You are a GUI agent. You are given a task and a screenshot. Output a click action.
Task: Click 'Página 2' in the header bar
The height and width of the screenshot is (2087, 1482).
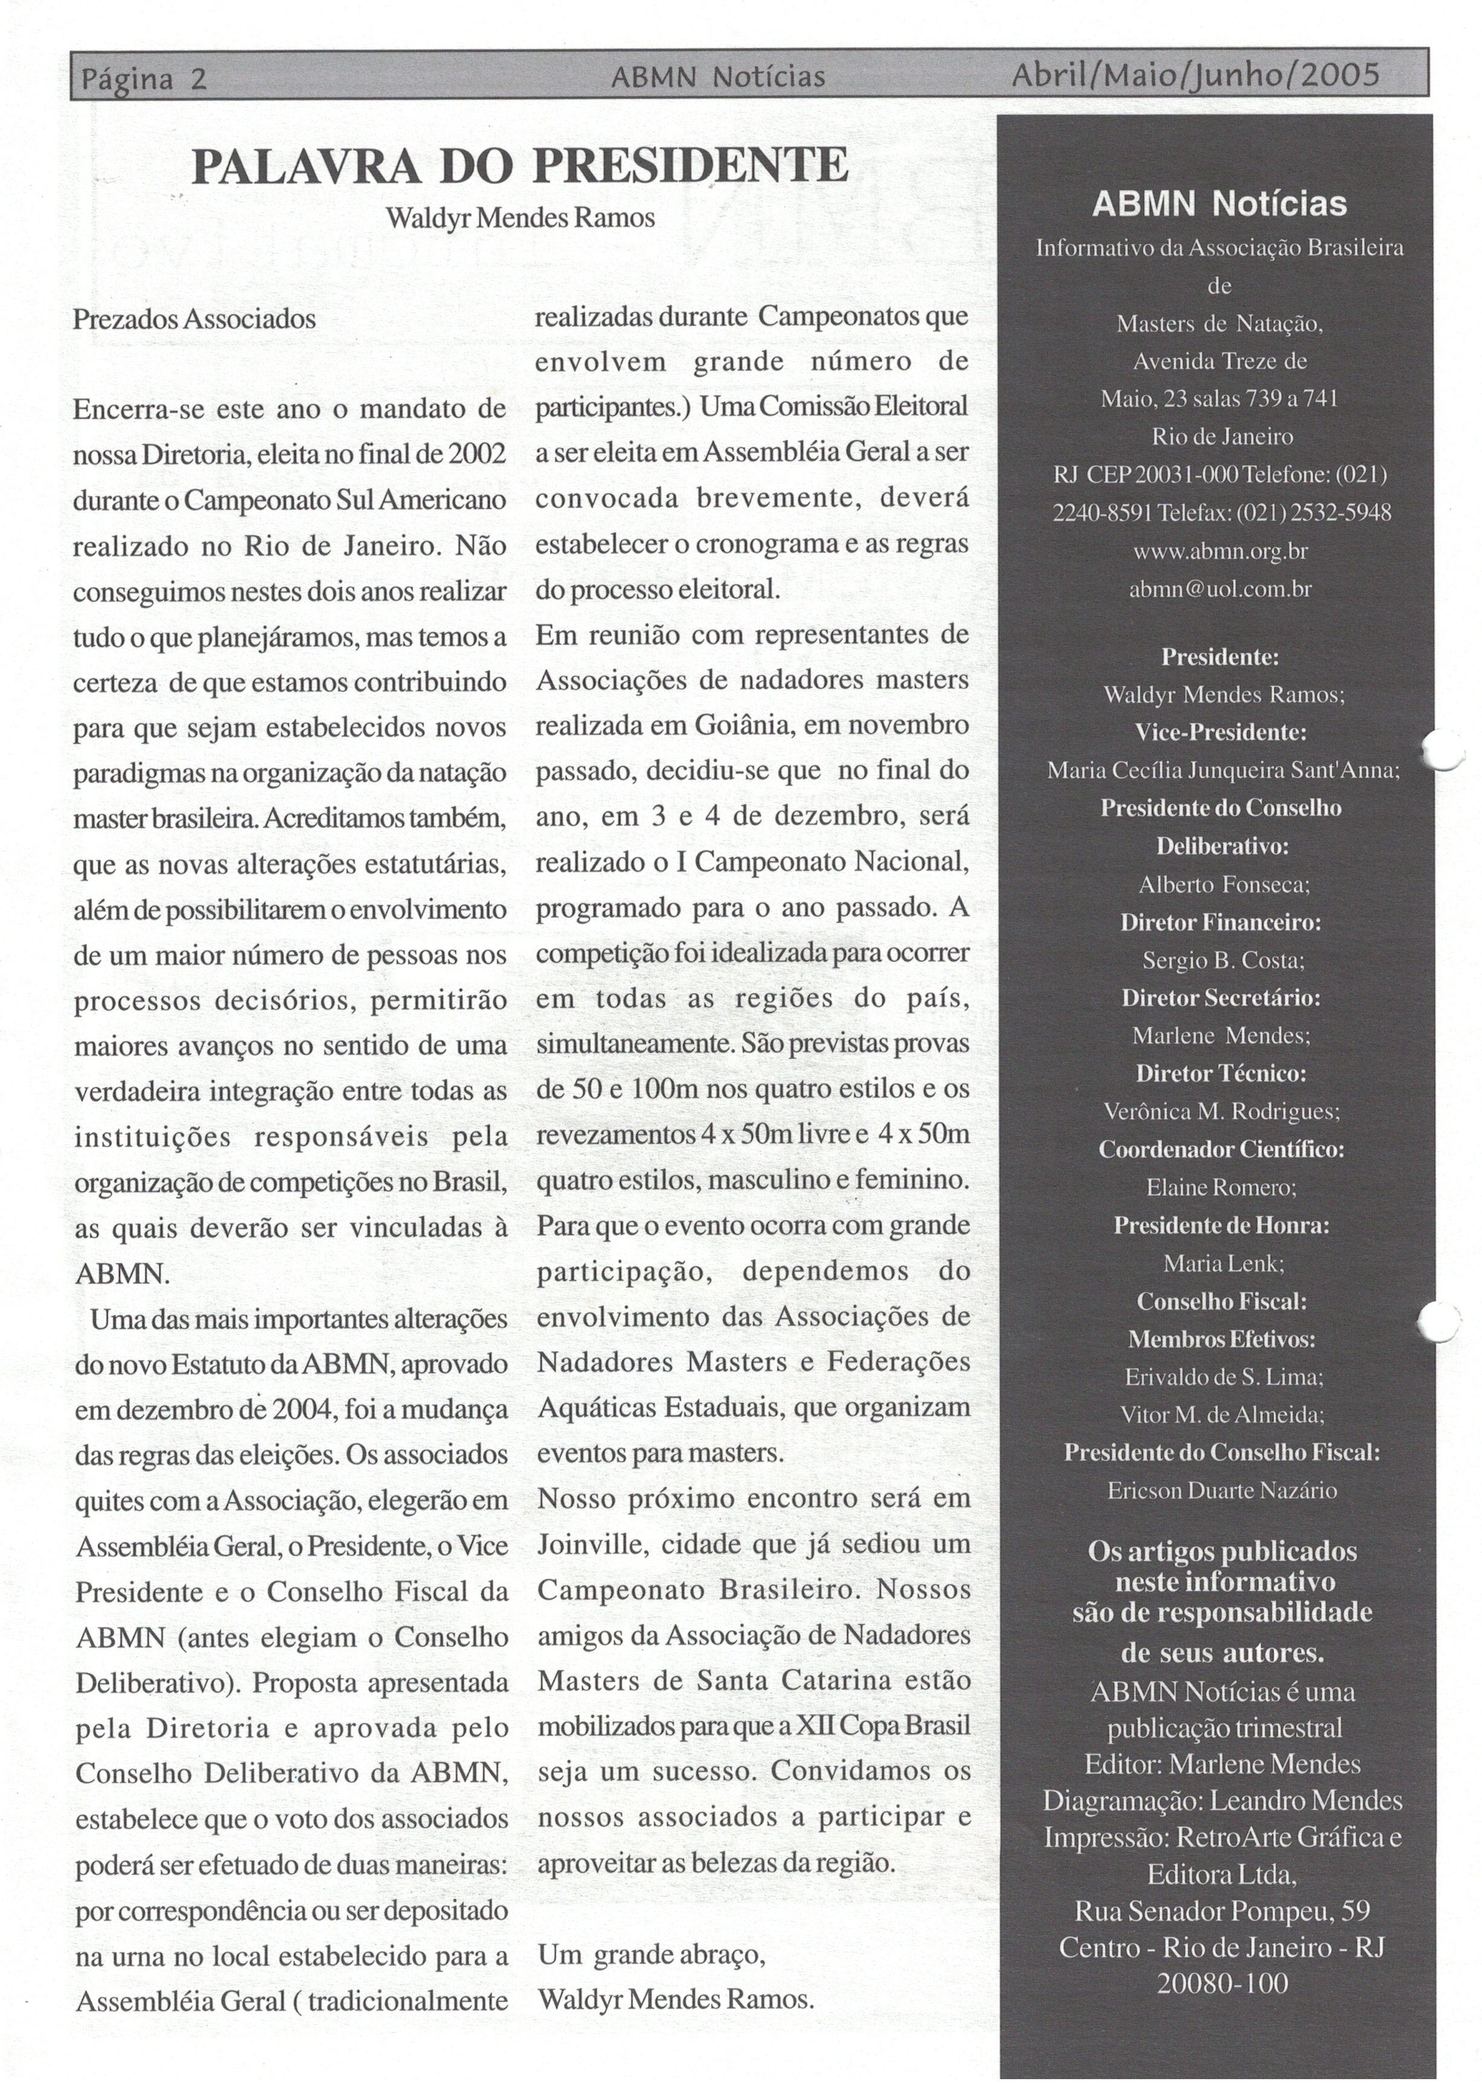(x=144, y=79)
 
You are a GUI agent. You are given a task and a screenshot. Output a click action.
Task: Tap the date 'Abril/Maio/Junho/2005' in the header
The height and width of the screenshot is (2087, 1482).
(x=1195, y=75)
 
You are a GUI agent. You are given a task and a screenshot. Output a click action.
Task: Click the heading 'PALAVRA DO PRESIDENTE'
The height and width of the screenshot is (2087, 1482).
(x=520, y=166)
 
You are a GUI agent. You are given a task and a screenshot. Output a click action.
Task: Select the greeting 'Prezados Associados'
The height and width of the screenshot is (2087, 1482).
(x=194, y=319)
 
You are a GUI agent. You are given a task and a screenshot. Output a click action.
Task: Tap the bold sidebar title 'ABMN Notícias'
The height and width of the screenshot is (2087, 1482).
(x=1219, y=203)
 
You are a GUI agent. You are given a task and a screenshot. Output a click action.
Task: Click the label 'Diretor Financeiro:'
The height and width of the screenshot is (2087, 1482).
(x=1221, y=922)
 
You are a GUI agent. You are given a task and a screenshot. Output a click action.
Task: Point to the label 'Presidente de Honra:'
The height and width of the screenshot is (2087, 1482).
(x=1221, y=1225)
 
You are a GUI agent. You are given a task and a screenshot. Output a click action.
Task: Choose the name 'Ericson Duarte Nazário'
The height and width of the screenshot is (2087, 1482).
(x=1222, y=1490)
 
